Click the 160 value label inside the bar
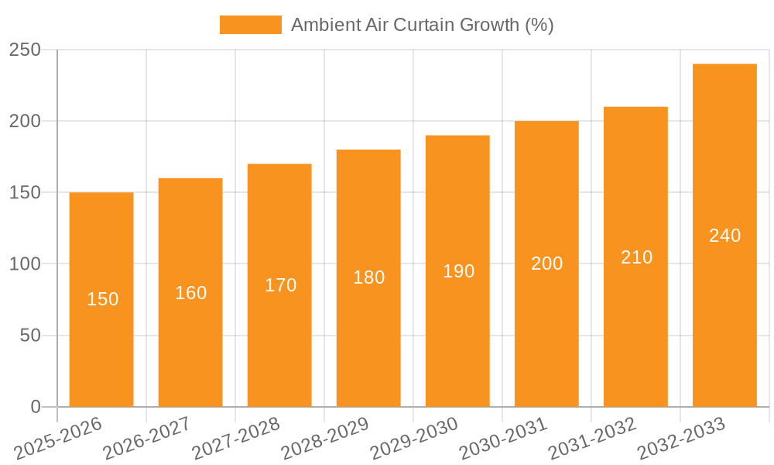pos(190,293)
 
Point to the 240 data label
pos(724,236)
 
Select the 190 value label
pos(458,271)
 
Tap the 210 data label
pos(636,257)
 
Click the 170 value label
pos(280,285)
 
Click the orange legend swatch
pos(250,25)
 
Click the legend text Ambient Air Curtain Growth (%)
pos(422,25)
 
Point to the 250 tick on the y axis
pos(25,50)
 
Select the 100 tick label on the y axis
pos(25,264)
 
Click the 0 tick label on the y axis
pos(35,407)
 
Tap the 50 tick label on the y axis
pos(29,336)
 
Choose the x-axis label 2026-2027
pos(148,439)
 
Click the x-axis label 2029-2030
pos(415,439)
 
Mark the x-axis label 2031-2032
pos(593,439)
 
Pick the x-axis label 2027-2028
pos(237,439)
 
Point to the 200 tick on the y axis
pos(25,122)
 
